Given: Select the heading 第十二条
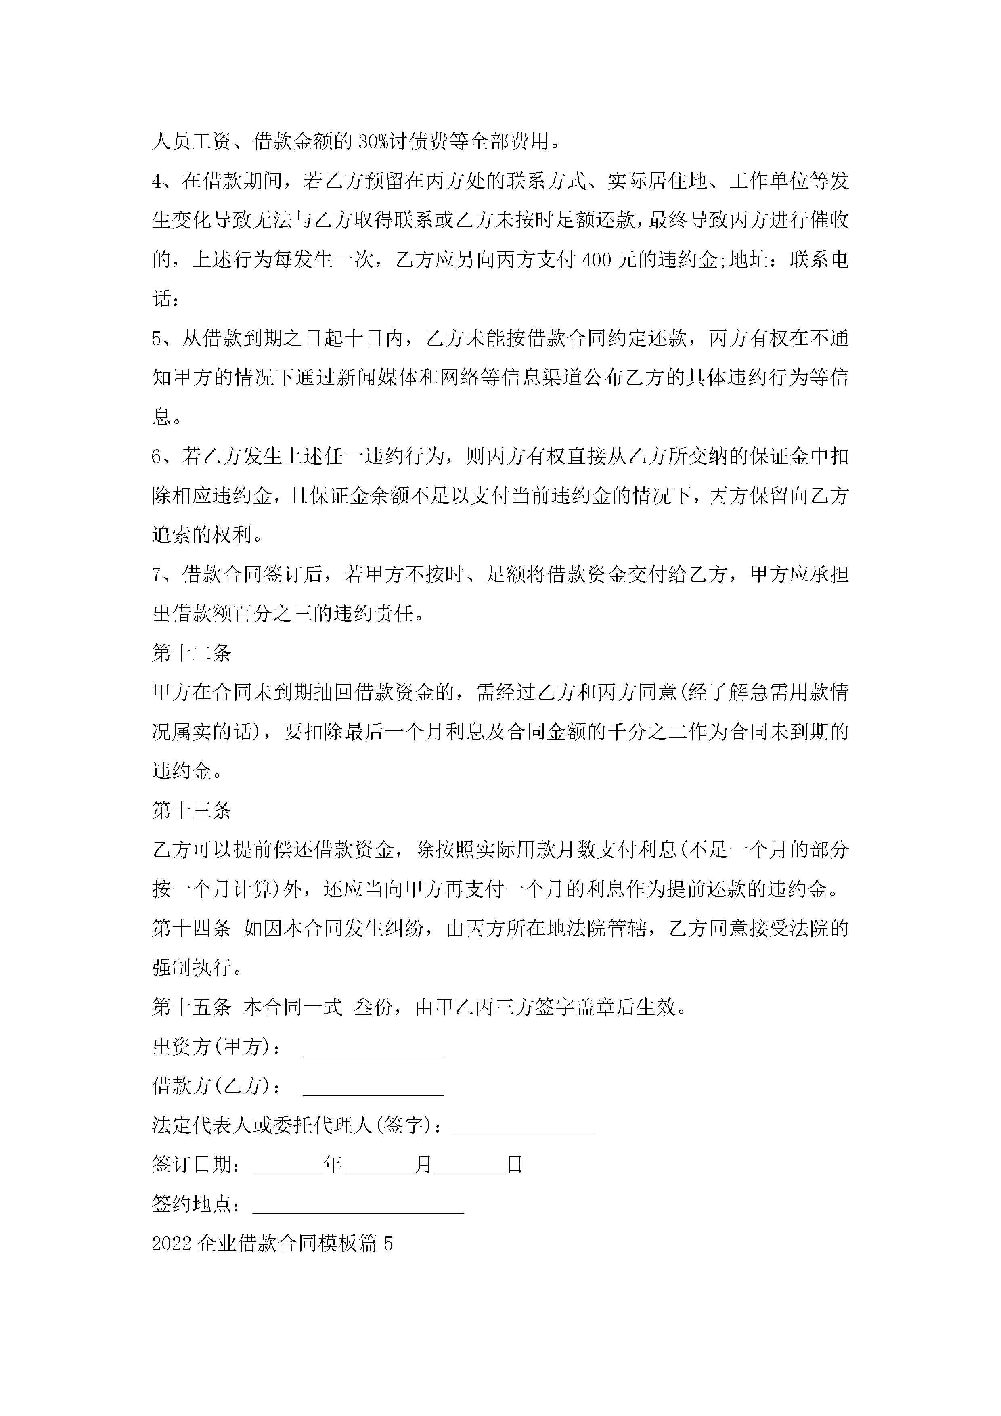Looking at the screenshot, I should click(x=191, y=654).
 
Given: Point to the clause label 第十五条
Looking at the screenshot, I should click(x=191, y=1008).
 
